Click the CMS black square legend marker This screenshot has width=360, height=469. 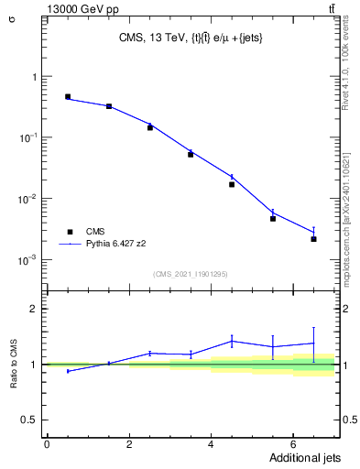(x=67, y=232)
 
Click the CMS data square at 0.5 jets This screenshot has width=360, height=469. (x=68, y=96)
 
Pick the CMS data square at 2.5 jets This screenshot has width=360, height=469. (x=149, y=127)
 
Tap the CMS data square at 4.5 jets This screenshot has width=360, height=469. (x=232, y=184)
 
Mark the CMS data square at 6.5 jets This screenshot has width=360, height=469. (x=313, y=239)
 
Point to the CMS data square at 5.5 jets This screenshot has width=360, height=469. (x=273, y=219)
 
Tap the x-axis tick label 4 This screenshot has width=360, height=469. (x=212, y=443)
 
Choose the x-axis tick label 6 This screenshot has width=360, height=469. (x=293, y=443)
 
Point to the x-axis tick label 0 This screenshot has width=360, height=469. (x=48, y=443)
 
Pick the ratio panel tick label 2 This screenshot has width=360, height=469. (x=32, y=309)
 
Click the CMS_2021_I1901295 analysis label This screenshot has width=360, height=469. (x=191, y=273)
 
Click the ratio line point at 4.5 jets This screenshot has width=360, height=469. (x=232, y=341)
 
